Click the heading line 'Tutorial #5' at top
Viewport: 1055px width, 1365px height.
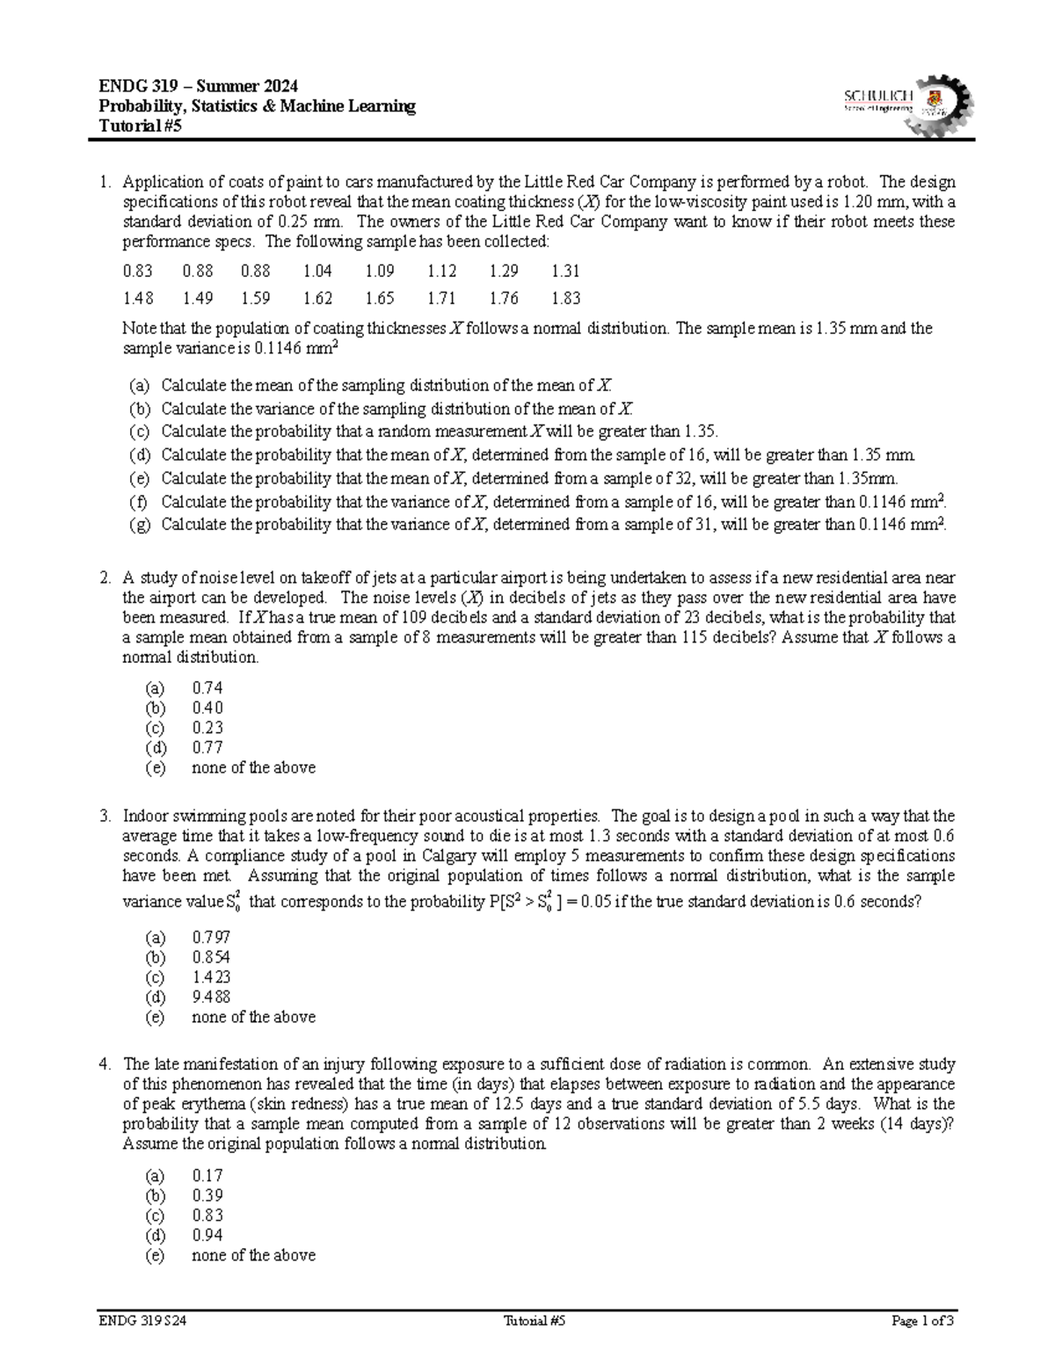(142, 126)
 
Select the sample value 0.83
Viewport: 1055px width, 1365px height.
(137, 272)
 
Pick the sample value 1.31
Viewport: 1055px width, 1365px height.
(565, 272)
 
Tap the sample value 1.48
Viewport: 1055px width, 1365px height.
(137, 299)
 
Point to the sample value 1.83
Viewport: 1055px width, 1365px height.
(565, 299)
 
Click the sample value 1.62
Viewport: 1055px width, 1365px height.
(317, 299)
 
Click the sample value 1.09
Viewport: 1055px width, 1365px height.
(380, 272)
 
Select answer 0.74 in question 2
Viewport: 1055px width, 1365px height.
(207, 688)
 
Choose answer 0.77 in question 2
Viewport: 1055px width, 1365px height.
(207, 748)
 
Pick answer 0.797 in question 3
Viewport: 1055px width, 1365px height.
(211, 938)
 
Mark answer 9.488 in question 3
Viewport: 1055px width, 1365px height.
(211, 998)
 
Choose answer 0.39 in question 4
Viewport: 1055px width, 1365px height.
(207, 1196)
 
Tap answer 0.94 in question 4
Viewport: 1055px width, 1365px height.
(207, 1236)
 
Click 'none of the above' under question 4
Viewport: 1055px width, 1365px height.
(253, 1256)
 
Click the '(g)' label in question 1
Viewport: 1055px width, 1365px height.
(139, 526)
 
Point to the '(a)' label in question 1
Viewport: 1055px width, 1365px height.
(139, 386)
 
